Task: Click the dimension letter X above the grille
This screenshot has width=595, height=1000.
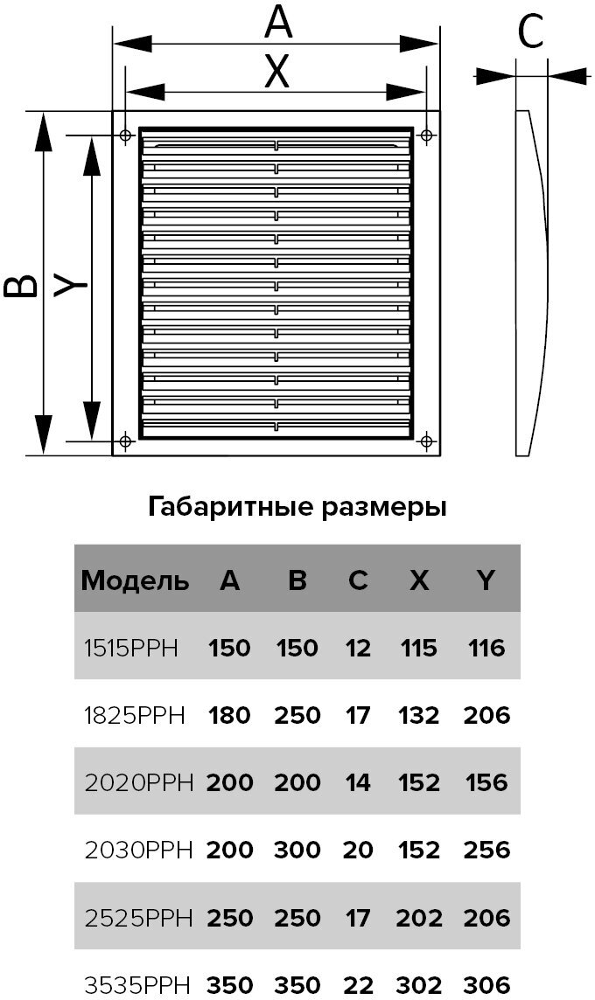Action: pos(276,73)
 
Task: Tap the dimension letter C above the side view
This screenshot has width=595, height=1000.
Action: pos(531,33)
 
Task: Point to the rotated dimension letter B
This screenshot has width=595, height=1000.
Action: pos(22,285)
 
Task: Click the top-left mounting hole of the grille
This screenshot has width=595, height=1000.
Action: pos(125,135)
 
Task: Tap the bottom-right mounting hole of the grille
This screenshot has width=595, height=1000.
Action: pos(427,439)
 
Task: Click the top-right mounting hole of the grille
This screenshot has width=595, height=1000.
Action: pos(427,135)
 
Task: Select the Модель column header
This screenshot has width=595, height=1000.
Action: pos(135,580)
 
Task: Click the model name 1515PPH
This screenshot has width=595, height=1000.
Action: pos(130,649)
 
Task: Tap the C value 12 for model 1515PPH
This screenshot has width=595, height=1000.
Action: pos(358,649)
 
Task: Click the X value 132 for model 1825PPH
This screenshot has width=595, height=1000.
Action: pos(418,716)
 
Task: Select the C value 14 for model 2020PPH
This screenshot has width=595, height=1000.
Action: pos(358,782)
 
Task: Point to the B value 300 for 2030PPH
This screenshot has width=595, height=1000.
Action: pos(297,850)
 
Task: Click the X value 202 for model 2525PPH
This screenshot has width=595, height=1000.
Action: pos(418,917)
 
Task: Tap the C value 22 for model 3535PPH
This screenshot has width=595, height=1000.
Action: pos(358,984)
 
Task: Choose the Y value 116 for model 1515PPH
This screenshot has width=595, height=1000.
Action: pos(486,649)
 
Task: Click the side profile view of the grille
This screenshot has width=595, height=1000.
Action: pos(531,284)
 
